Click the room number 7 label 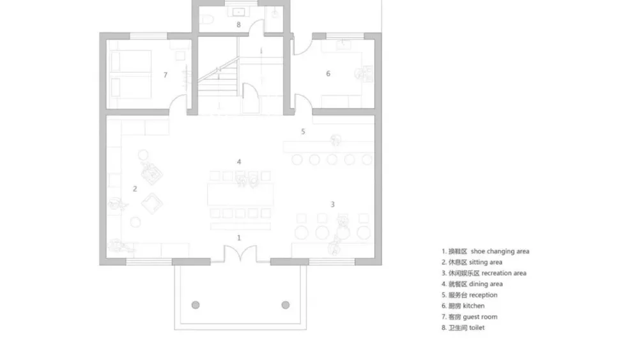(x=165, y=75)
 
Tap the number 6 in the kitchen (x=328, y=74)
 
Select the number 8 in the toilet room (x=238, y=25)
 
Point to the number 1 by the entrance (x=239, y=238)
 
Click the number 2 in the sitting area (x=135, y=189)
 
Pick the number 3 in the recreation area (x=332, y=204)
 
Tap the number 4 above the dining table (x=239, y=162)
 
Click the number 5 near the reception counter (x=303, y=132)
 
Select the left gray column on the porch (x=196, y=305)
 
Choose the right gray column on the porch (x=285, y=305)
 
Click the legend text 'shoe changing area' (x=500, y=251)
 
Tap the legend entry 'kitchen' (x=474, y=306)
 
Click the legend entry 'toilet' (x=477, y=328)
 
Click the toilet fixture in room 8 (x=206, y=19)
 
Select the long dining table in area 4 (x=240, y=194)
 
